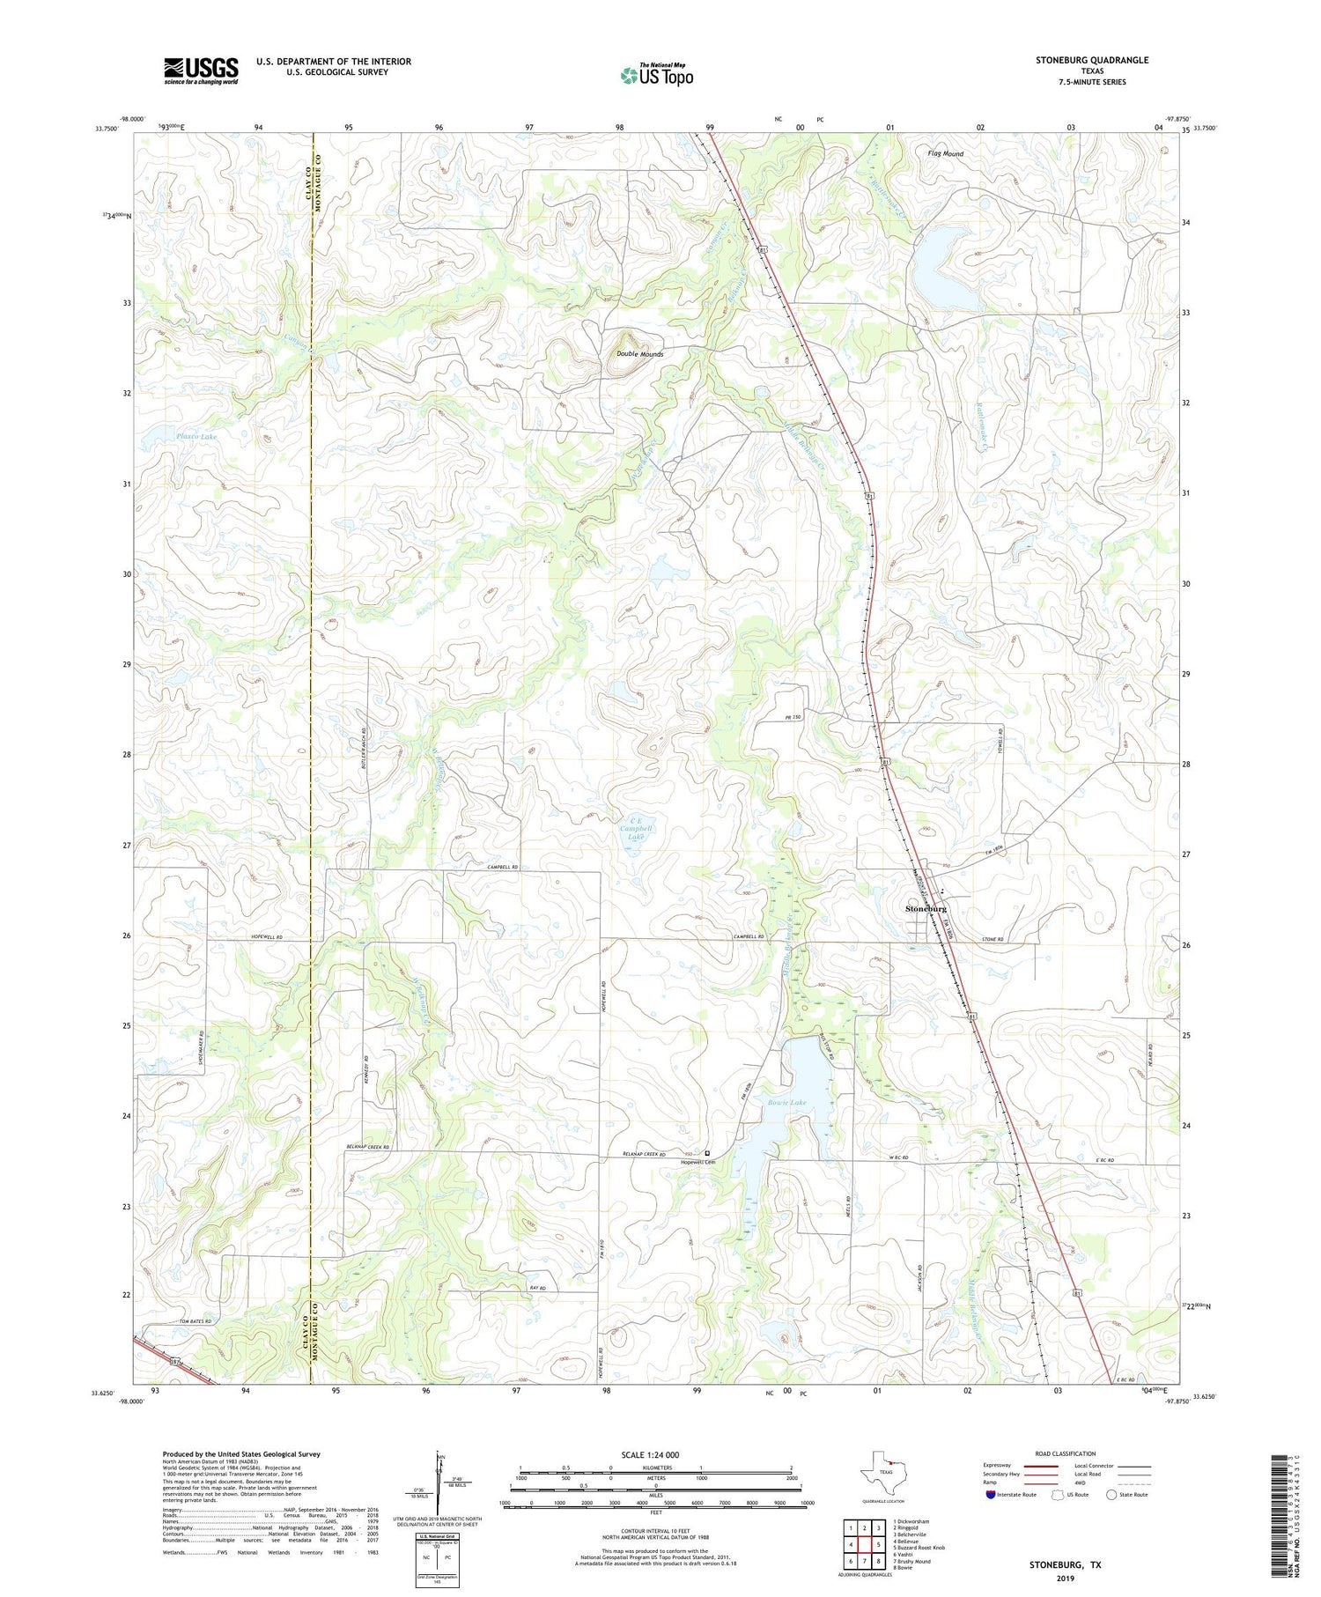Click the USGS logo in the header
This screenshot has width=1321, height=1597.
point(201,70)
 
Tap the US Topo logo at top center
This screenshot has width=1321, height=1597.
point(656,75)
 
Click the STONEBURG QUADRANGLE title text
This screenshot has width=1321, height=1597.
point(1092,60)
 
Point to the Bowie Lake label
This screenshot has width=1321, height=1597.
point(786,1102)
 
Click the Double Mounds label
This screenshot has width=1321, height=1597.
point(639,354)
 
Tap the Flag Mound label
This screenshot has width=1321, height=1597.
point(945,153)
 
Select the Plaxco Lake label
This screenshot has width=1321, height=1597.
point(196,436)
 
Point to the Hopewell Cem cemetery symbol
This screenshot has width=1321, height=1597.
point(707,1153)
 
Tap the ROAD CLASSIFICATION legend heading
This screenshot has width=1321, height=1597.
point(1066,1453)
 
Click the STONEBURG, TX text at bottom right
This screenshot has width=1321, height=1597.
point(1065,1564)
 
